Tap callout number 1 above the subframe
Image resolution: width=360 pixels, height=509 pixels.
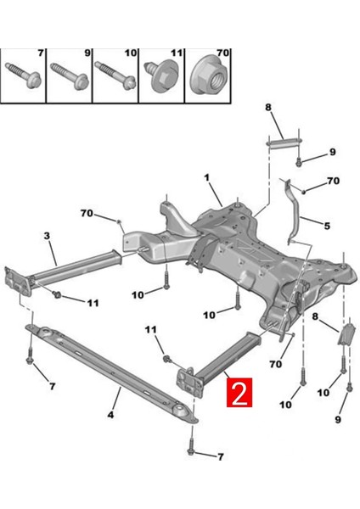pos(205,177)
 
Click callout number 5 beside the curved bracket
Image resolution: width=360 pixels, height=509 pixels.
pos(325,226)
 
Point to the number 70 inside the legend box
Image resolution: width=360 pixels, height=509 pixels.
pos(222,53)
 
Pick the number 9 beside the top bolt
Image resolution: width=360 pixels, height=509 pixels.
pos(332,154)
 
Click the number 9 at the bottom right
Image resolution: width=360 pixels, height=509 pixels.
pos(337,419)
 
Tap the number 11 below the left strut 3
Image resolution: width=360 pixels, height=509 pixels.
pos(93,302)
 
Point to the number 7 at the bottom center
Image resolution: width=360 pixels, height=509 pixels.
pos(220,456)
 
